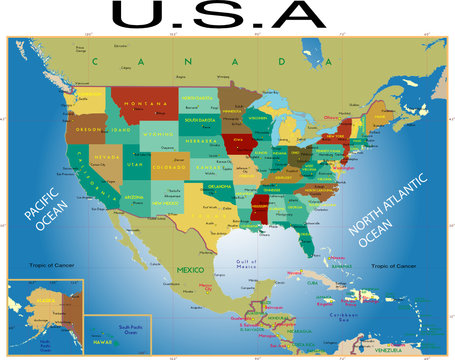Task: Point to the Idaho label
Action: pos(122,130)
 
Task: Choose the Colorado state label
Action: pos(166,168)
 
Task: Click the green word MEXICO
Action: pos(190,270)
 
